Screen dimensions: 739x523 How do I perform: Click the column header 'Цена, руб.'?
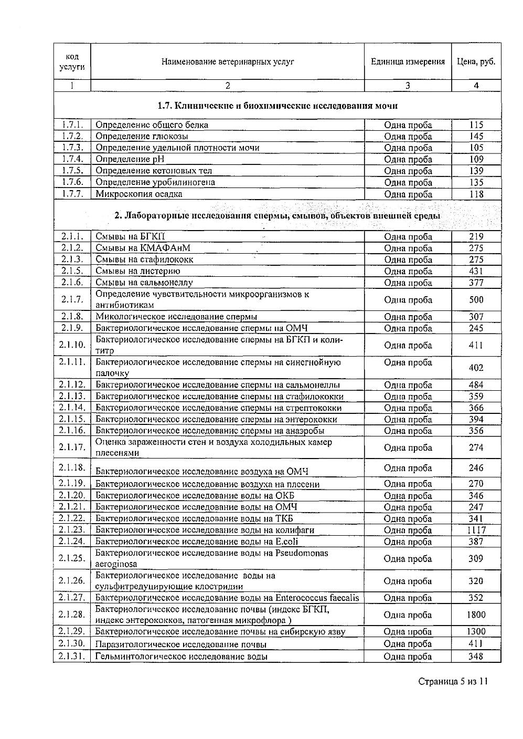[476, 61]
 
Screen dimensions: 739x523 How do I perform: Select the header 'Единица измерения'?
[408, 61]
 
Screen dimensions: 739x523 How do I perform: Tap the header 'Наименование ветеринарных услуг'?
[228, 61]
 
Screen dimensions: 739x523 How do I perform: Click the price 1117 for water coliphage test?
[476, 530]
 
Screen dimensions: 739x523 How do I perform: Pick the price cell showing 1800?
[476, 615]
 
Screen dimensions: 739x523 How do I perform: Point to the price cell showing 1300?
[476, 631]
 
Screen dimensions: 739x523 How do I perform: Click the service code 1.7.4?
[72, 159]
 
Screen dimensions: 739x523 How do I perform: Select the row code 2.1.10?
[72, 345]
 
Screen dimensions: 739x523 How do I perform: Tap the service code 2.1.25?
[72, 558]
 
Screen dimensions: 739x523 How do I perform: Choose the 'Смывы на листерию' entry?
[138, 271]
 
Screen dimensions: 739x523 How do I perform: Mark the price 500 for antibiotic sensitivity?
[476, 300]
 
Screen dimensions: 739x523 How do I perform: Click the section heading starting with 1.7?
[277, 106]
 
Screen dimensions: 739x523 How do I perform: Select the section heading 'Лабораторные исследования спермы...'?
[277, 216]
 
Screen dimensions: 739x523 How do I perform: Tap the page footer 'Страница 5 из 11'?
[453, 682]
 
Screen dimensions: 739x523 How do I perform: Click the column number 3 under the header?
[408, 86]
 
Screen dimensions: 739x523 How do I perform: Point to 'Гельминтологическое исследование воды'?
[182, 657]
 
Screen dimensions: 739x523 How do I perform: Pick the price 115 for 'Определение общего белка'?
[476, 125]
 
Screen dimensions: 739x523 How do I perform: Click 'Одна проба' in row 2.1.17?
[408, 447]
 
